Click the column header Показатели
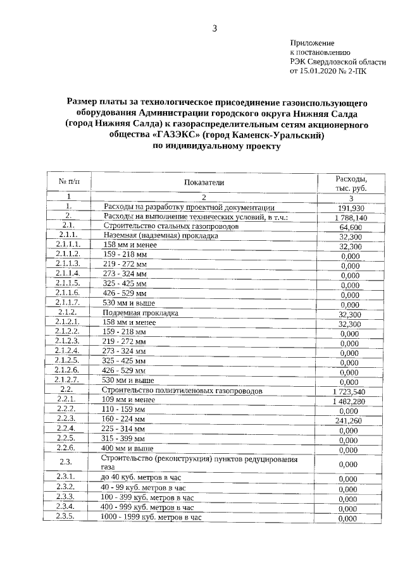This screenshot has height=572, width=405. pyautogui.click(x=204, y=183)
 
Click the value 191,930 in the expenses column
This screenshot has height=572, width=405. pyautogui.click(x=351, y=208)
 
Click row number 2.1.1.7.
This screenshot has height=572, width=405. pyautogui.click(x=68, y=303)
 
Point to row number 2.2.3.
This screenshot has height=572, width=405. pyautogui.click(x=66, y=418)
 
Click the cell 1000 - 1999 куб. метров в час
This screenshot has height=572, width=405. pyautogui.click(x=152, y=518)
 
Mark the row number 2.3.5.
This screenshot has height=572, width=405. pyautogui.click(x=66, y=517)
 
